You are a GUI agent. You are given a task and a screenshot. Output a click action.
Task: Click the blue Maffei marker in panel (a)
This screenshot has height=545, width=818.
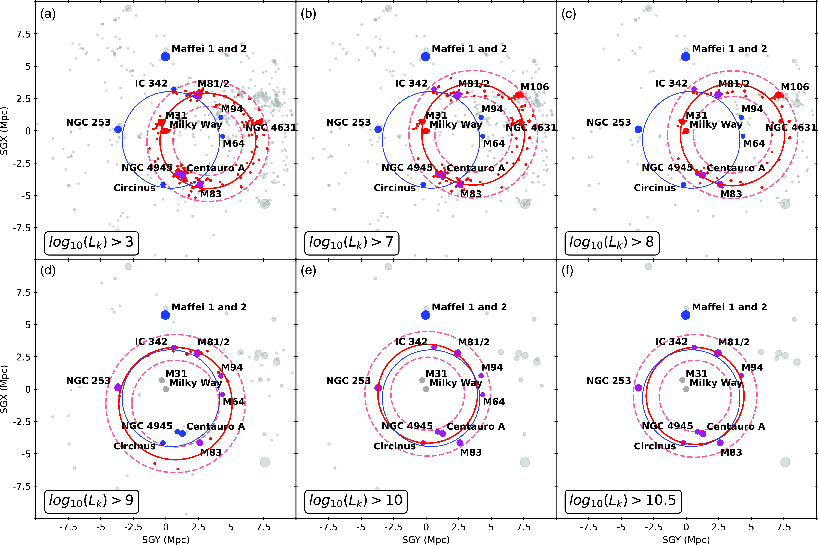click(165, 57)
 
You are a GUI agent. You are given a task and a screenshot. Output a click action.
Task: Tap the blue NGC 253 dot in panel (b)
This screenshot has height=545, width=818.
click(378, 129)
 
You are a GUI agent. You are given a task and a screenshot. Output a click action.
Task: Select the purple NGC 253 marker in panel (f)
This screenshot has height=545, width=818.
click(638, 388)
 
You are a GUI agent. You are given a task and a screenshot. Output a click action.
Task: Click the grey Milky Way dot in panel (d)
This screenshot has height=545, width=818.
click(166, 389)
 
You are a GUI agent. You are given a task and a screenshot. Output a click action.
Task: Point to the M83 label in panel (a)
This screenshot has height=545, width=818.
click(211, 194)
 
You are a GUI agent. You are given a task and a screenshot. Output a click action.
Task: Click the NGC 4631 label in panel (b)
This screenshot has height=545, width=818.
click(531, 128)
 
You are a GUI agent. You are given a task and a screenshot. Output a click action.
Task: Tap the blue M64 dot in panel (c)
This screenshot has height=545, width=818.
click(743, 136)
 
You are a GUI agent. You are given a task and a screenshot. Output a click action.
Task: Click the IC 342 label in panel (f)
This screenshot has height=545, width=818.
click(671, 342)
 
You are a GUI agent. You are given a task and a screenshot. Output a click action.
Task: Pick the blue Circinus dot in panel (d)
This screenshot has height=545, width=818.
click(163, 443)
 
